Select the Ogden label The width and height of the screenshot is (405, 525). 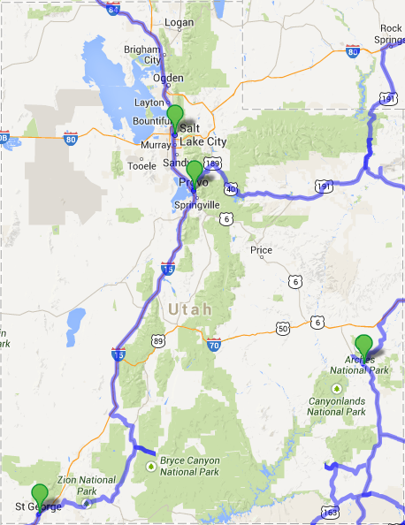168,78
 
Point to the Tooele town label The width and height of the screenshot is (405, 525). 141,165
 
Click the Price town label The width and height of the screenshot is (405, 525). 261,250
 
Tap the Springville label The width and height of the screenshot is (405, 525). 196,205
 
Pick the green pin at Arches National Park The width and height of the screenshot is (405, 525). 363,346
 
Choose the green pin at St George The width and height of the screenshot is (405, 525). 39,495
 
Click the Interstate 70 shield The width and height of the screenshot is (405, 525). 212,344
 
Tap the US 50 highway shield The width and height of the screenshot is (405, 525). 283,329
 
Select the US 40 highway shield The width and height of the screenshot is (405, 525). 230,188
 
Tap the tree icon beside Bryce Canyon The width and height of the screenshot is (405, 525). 151,466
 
